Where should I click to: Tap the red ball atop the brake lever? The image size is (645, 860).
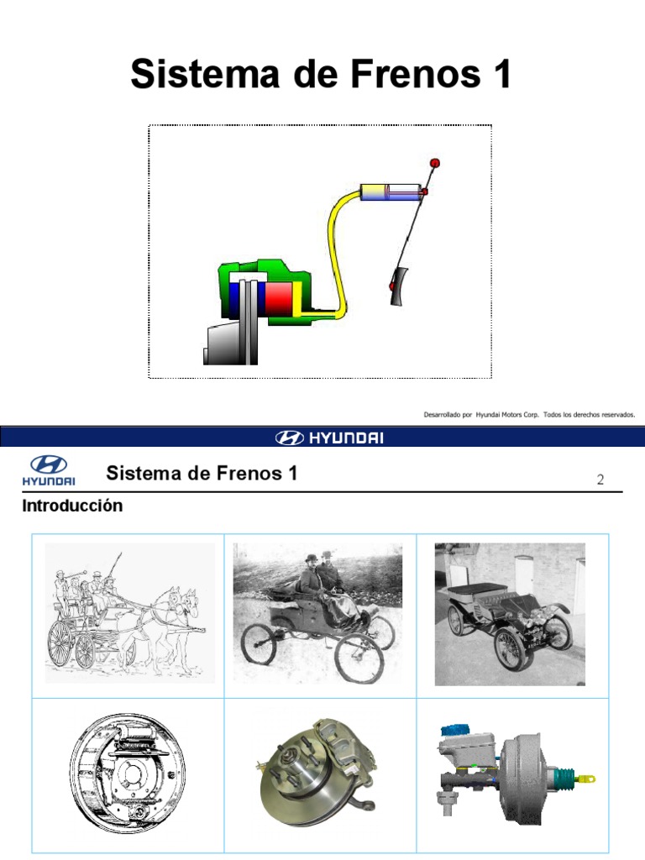(x=434, y=162)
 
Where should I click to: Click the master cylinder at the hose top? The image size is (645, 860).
(x=390, y=192)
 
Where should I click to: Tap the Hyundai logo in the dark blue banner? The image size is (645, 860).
(x=328, y=438)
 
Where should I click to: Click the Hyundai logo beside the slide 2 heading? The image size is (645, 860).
(x=52, y=470)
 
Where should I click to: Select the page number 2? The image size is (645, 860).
(x=600, y=480)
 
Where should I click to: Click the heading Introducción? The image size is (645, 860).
(x=72, y=506)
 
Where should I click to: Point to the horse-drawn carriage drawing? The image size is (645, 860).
(x=128, y=613)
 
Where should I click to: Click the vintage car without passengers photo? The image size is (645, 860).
(x=509, y=613)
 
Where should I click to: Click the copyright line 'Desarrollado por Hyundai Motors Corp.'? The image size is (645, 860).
(x=529, y=414)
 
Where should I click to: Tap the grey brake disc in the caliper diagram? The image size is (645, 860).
(x=250, y=319)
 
